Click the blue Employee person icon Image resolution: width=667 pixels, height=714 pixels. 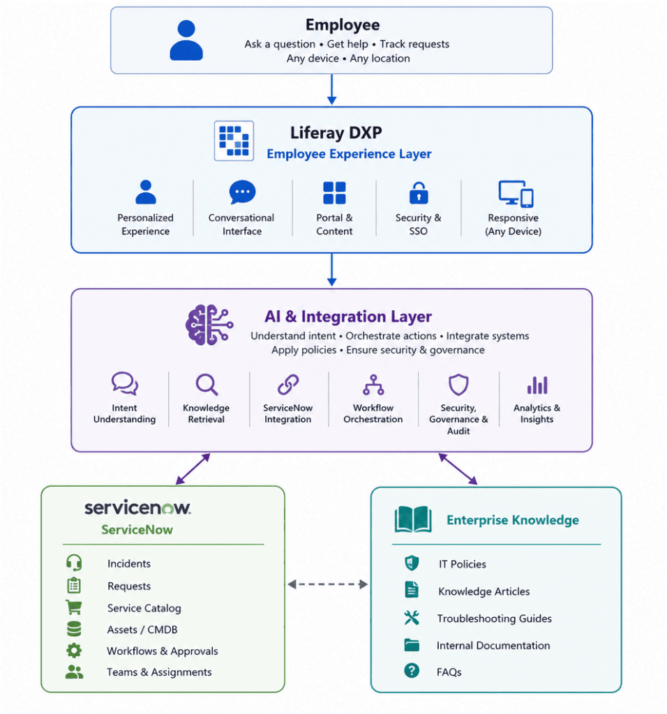(186, 40)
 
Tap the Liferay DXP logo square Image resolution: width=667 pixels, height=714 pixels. (234, 141)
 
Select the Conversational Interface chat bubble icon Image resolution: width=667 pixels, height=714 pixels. (242, 192)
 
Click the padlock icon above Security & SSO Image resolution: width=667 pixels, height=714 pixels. (419, 192)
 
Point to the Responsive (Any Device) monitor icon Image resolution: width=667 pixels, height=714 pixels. (516, 194)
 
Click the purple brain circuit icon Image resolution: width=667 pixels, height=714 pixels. (209, 325)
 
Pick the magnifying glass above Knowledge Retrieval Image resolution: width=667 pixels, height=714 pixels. (207, 385)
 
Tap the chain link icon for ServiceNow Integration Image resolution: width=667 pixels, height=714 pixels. (288, 385)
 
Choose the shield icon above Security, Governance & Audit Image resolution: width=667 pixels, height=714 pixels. (458, 385)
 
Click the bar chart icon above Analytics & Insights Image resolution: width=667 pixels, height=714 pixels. (538, 385)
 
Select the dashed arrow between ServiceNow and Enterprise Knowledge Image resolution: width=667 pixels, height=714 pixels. (328, 584)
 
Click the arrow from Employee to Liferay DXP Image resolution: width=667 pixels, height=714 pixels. (331, 89)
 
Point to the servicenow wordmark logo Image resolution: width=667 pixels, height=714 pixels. (137, 508)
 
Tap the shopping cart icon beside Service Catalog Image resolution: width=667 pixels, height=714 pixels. (74, 607)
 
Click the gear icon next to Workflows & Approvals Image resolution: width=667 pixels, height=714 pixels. (74, 651)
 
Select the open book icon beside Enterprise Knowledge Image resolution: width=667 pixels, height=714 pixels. (413, 519)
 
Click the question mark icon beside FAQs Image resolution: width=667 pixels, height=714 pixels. (412, 671)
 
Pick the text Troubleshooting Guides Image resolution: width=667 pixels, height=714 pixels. (495, 618)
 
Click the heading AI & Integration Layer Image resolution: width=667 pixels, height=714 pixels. (348, 317)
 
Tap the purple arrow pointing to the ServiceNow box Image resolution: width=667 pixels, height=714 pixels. (193, 469)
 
